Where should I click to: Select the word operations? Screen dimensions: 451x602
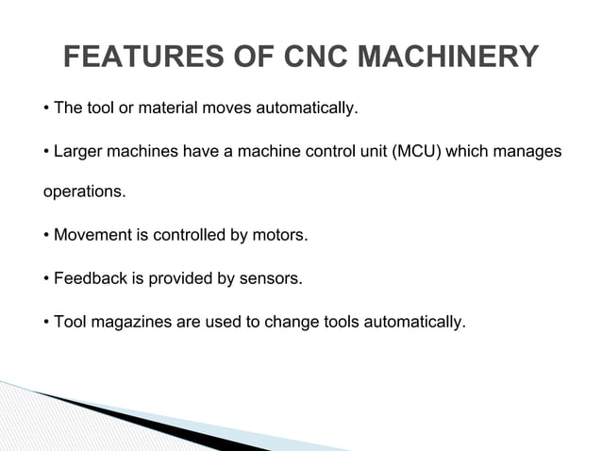tap(84, 193)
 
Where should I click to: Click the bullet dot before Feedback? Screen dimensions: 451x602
tap(47, 279)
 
